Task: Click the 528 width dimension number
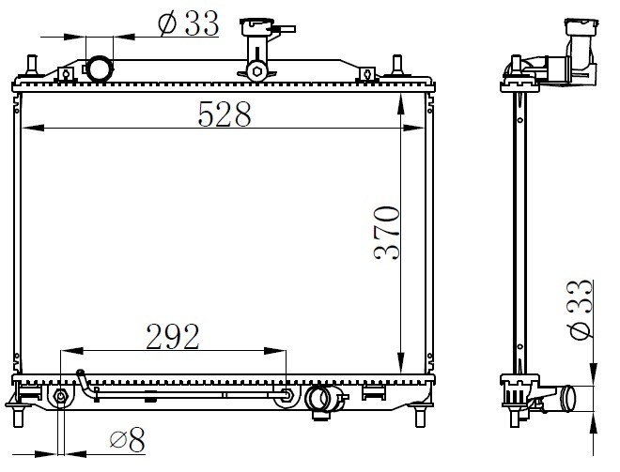coord(225,114)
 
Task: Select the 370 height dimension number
coord(387,233)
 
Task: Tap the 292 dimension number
coord(173,337)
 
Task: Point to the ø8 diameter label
coord(128,439)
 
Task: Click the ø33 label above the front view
coord(188,23)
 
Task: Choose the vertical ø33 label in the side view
coord(581,309)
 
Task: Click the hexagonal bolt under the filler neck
coord(257,71)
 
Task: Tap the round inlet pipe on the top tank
coord(99,69)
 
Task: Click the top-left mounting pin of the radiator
coord(31,65)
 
